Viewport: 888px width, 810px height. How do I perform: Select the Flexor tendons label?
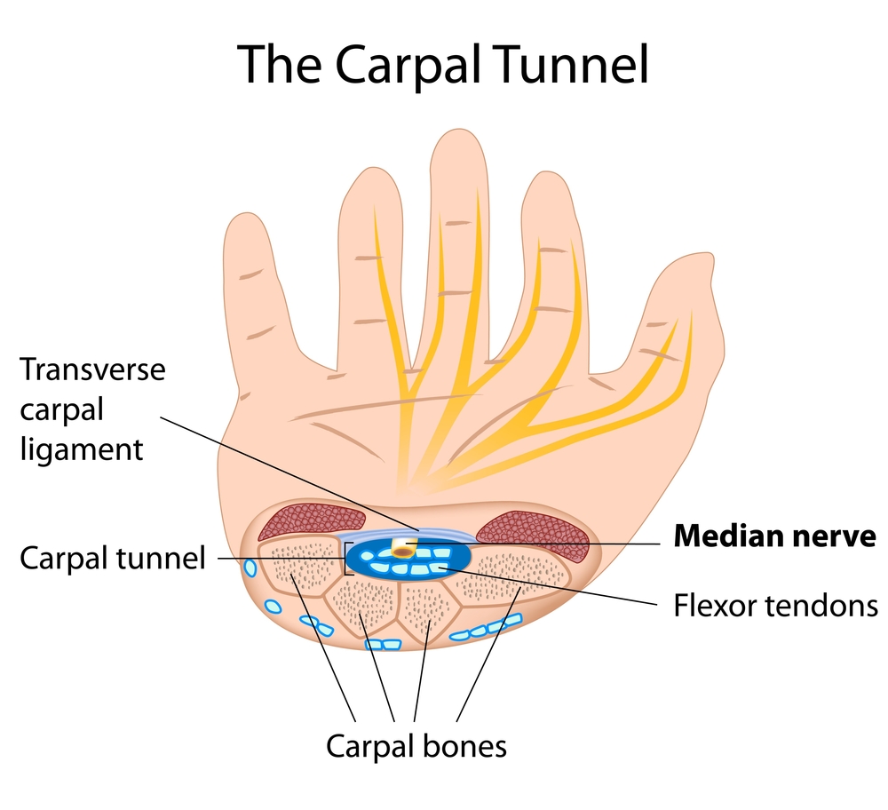[775, 607]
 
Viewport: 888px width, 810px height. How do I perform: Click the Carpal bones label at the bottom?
[416, 745]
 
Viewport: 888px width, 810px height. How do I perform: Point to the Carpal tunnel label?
[113, 559]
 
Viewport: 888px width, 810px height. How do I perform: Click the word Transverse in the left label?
[93, 369]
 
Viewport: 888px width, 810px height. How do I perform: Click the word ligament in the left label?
[81, 449]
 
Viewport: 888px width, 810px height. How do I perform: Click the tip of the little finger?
[246, 222]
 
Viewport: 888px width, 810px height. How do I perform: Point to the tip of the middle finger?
[456, 142]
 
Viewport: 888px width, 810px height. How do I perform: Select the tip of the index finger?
[550, 182]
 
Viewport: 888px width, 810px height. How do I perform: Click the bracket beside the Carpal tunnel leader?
[345, 560]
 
